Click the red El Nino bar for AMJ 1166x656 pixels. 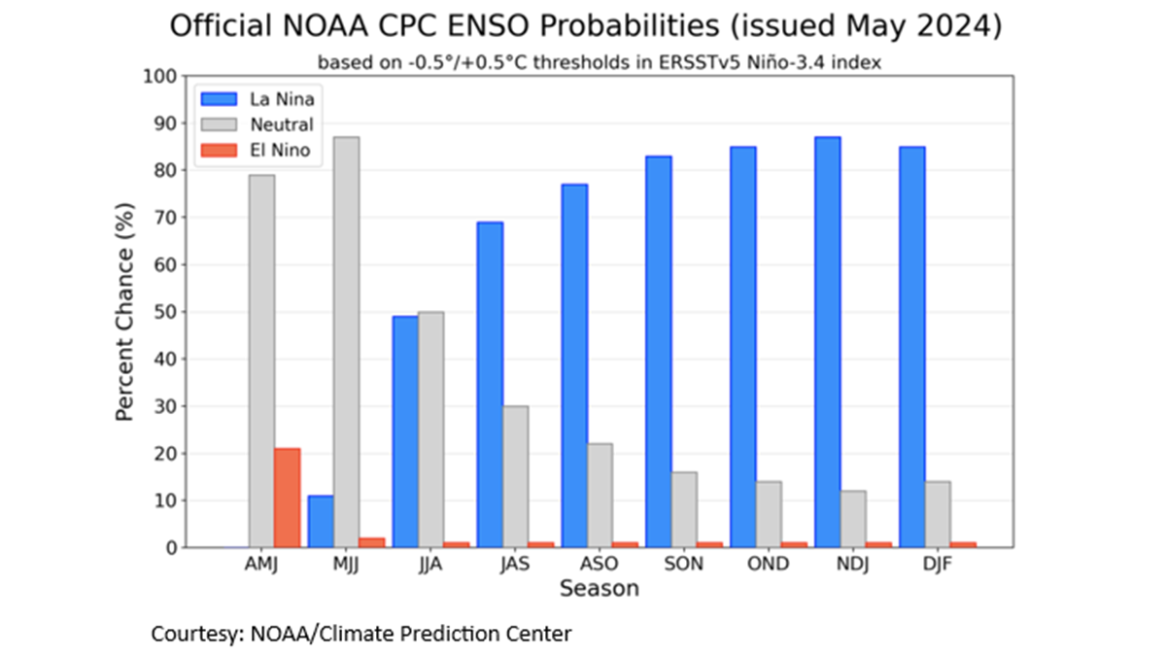point(287,498)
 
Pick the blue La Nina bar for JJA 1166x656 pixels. point(405,432)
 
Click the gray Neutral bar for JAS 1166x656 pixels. point(515,476)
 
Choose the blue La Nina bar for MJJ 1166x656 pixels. point(321,522)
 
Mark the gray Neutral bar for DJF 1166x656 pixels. point(937,514)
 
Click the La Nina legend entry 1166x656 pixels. point(281,98)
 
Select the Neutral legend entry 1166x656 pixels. point(281,124)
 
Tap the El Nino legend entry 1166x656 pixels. point(281,151)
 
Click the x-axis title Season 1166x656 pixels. point(599,589)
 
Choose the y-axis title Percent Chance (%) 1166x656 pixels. point(124,312)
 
